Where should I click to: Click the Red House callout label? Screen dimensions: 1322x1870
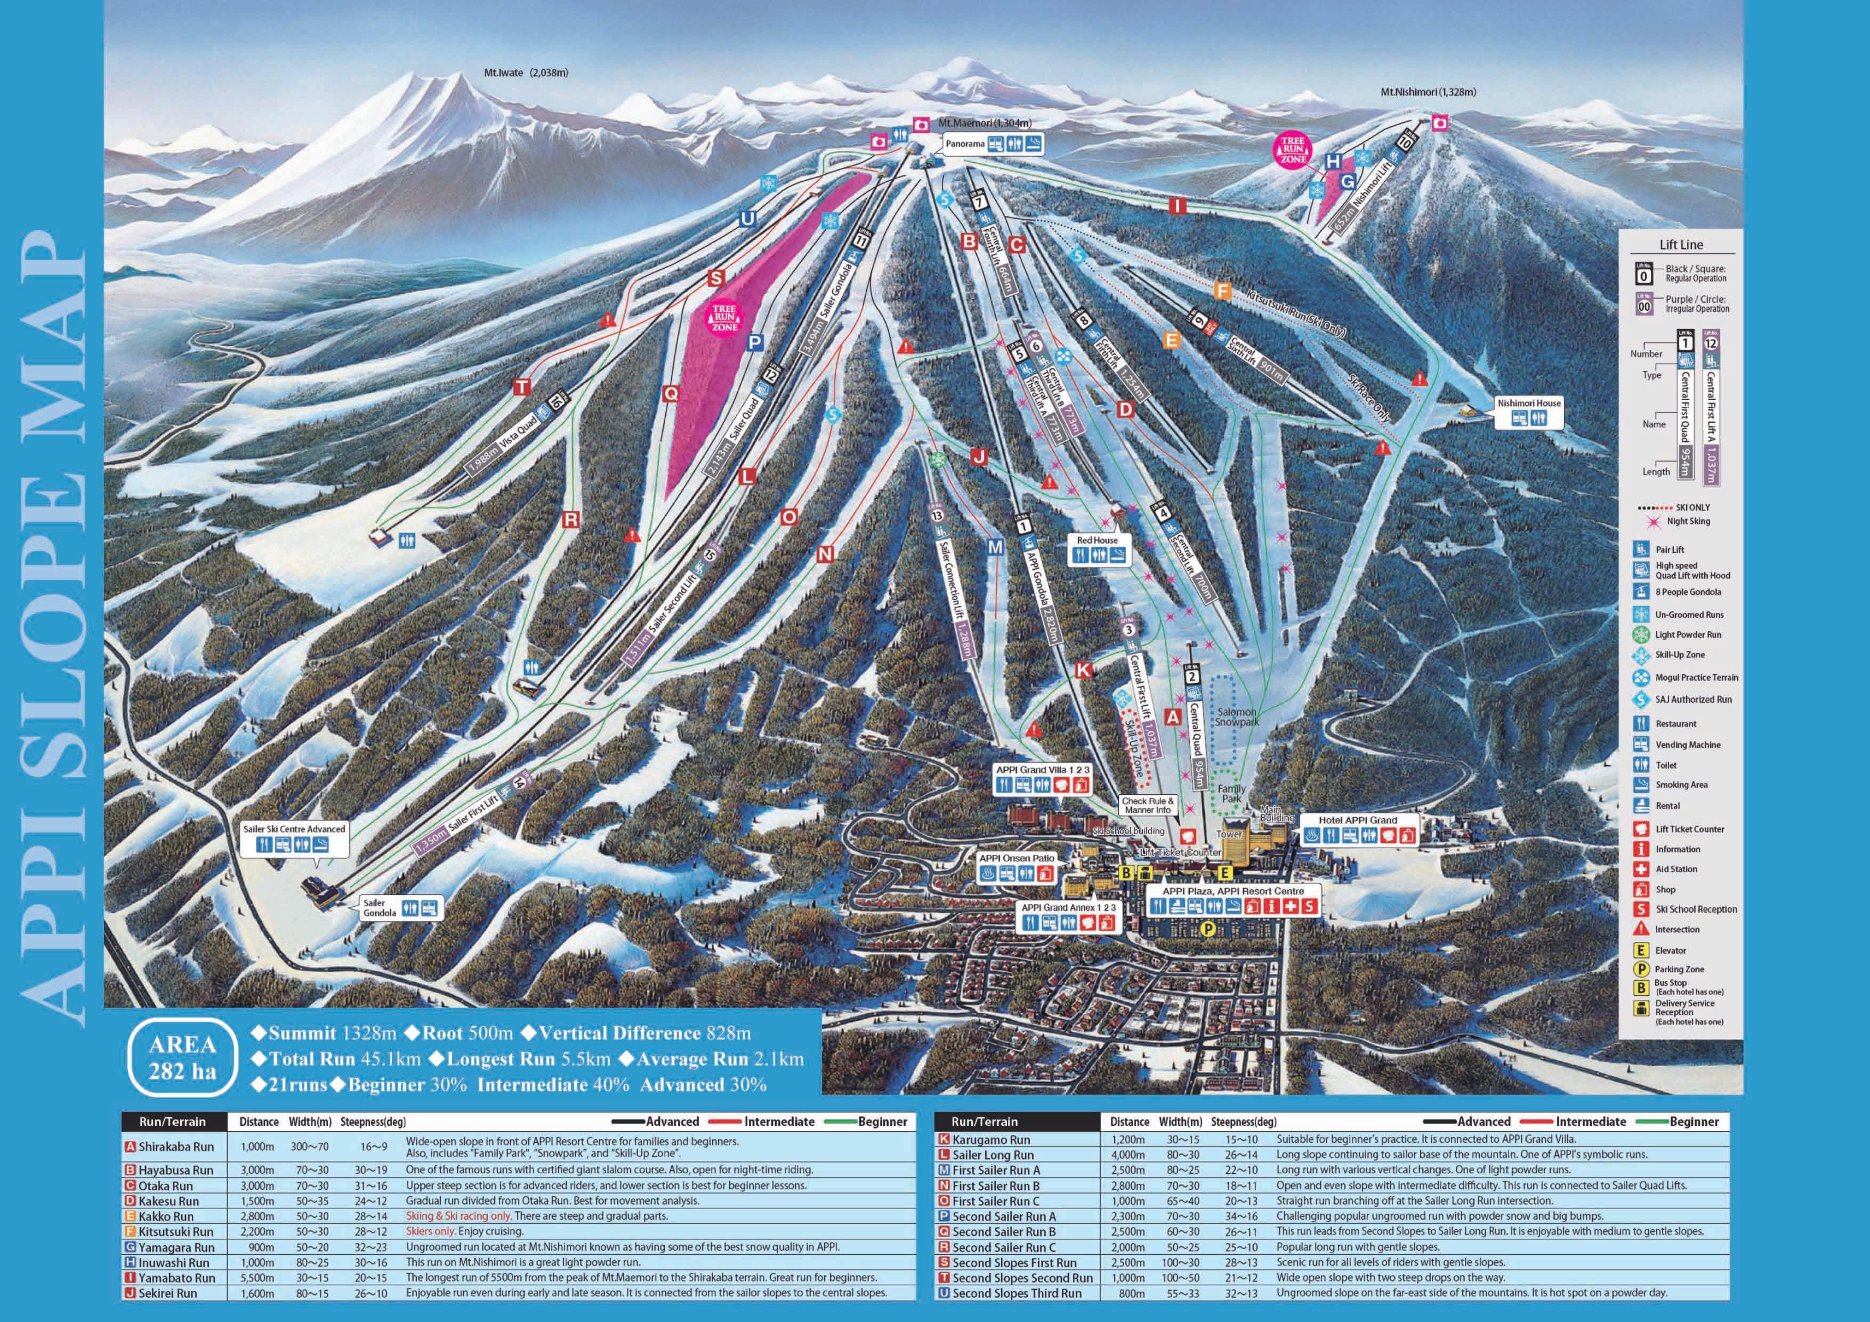click(x=1097, y=540)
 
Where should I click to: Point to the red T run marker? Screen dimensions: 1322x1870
click(x=522, y=387)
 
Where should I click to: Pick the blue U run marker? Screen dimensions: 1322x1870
click(x=747, y=219)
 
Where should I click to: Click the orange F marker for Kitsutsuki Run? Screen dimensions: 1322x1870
click(x=1221, y=291)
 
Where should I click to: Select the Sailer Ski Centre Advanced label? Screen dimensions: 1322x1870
click(x=294, y=829)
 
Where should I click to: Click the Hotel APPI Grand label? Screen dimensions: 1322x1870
click(x=1358, y=820)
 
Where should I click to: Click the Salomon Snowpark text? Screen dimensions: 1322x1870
click(x=1236, y=717)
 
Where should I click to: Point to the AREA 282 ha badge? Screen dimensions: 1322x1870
click(x=182, y=1057)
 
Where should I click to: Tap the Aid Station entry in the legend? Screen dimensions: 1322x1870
click(x=1676, y=869)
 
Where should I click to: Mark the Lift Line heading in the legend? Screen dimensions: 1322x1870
click(x=1680, y=244)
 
